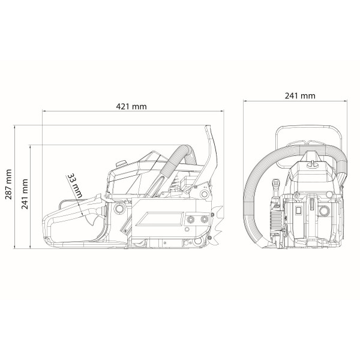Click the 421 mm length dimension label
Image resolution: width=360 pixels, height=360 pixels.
click(x=131, y=107)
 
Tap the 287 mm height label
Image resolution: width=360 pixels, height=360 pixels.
click(x=8, y=184)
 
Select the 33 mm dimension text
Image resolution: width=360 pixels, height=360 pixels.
click(x=74, y=186)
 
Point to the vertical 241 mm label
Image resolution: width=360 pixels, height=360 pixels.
click(x=25, y=194)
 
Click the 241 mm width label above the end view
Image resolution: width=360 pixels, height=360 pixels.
click(x=300, y=96)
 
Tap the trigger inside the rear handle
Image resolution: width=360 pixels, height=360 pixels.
click(x=91, y=220)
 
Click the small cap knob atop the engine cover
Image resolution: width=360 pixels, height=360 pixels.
click(x=121, y=163)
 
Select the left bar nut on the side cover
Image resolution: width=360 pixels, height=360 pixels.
click(x=190, y=219)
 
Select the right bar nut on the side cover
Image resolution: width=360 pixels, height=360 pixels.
click(x=204, y=219)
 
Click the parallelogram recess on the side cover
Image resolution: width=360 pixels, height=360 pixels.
click(x=160, y=219)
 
